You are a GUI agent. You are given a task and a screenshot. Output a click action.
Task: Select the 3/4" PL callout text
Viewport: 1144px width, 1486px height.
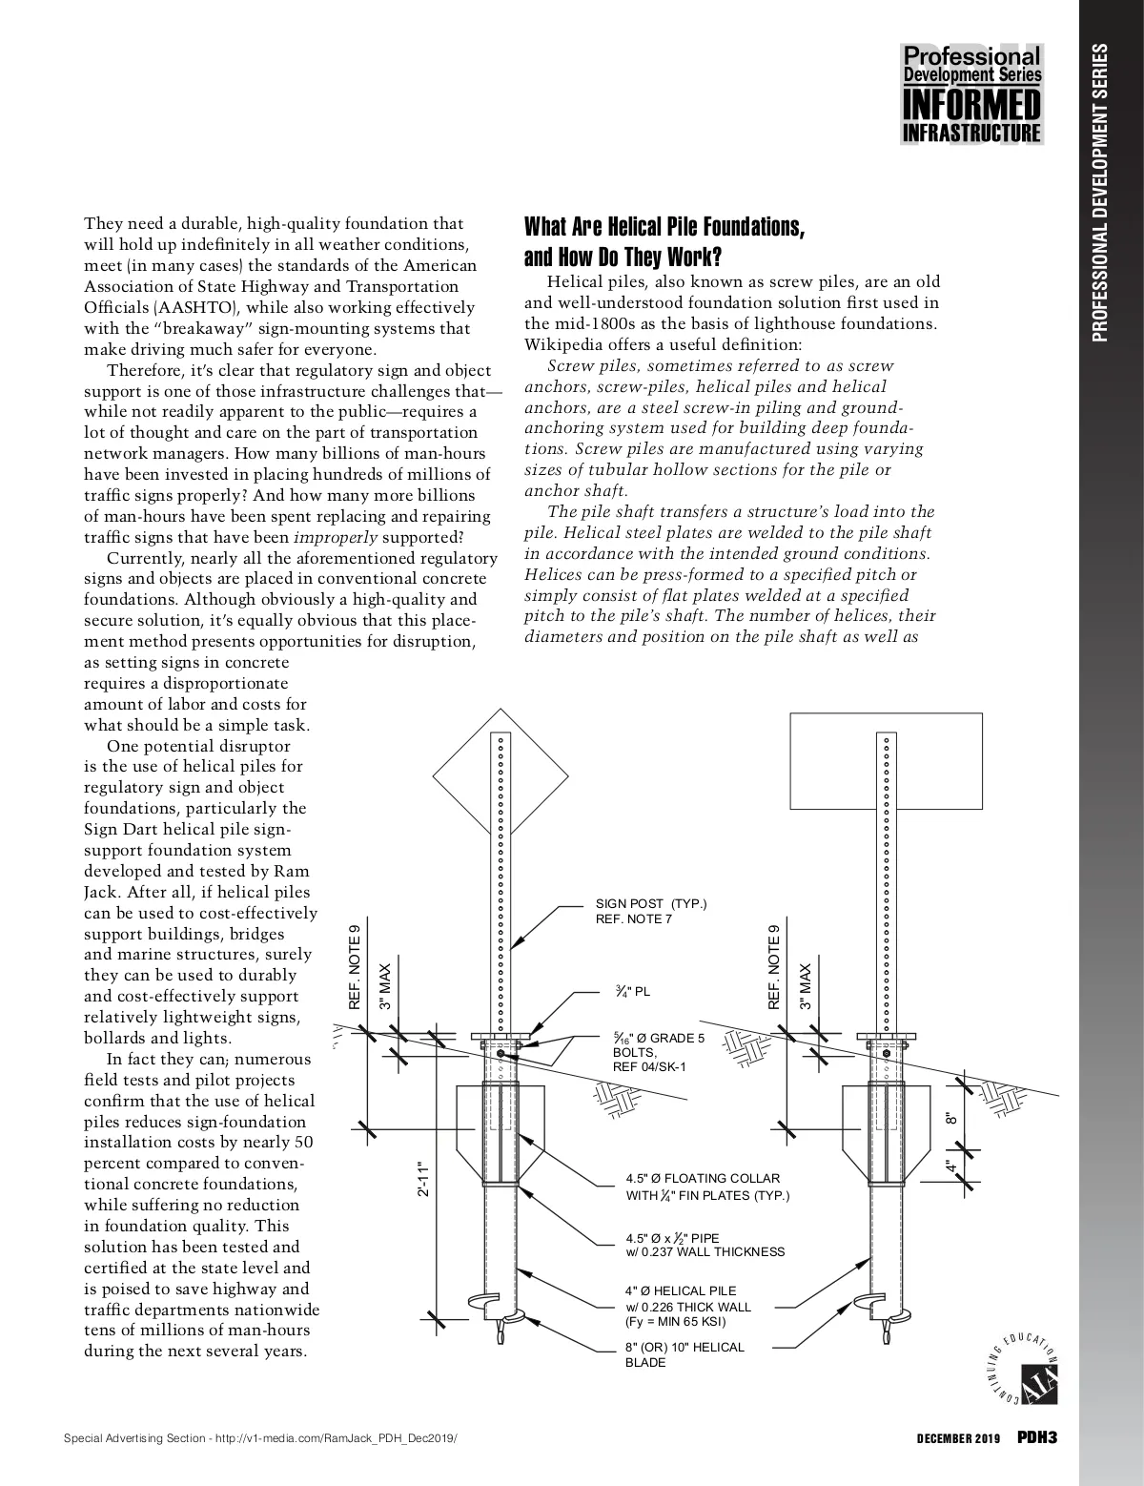(x=633, y=992)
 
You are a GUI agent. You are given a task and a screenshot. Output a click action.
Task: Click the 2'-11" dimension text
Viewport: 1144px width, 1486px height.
(x=425, y=1181)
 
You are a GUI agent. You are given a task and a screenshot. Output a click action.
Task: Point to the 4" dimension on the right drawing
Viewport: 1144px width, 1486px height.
(x=951, y=1166)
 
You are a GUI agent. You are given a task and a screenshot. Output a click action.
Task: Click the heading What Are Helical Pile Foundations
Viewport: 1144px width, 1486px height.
(x=664, y=227)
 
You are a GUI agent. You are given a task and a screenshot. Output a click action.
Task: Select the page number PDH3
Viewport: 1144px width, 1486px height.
(x=1037, y=1437)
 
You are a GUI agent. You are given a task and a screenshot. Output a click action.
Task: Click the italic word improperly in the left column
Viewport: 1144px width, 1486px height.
(x=324, y=537)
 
